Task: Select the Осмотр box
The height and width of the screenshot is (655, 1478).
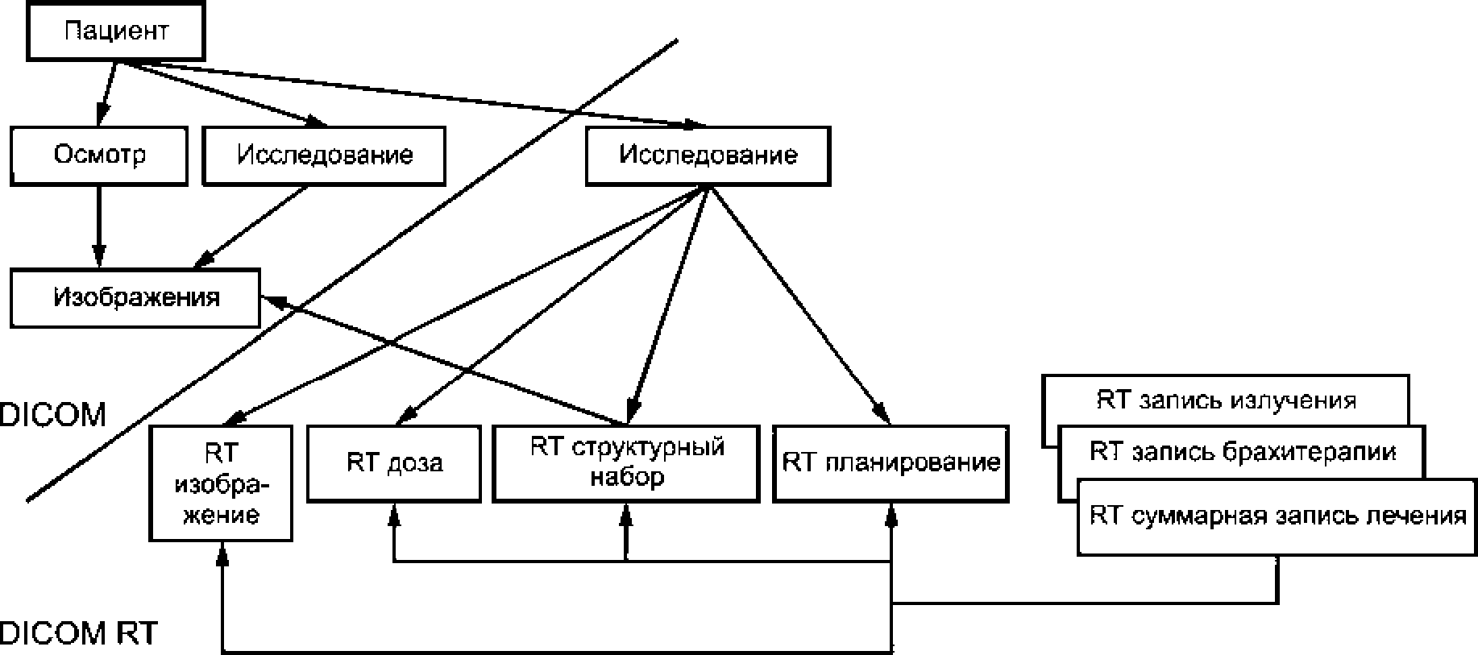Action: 99,155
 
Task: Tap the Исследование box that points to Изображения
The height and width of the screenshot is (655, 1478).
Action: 324,155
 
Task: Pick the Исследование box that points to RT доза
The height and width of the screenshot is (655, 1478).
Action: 708,155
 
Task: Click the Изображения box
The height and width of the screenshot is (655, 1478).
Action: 135,298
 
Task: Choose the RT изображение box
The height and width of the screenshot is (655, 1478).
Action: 220,483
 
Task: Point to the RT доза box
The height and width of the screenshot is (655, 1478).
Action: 394,463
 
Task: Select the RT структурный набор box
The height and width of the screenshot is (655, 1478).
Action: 626,463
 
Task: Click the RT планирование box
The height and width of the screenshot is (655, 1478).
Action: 891,463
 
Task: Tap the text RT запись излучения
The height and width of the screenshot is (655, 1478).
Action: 1226,400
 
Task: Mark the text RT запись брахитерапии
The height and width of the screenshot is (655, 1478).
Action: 1243,451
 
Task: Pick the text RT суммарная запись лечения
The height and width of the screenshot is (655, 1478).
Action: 1277,516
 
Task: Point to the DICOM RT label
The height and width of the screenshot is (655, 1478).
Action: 79,633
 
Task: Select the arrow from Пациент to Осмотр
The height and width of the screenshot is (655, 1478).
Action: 106,93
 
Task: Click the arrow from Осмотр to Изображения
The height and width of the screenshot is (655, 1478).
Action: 99,227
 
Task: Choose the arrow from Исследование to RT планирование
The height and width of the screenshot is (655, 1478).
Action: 799,306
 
